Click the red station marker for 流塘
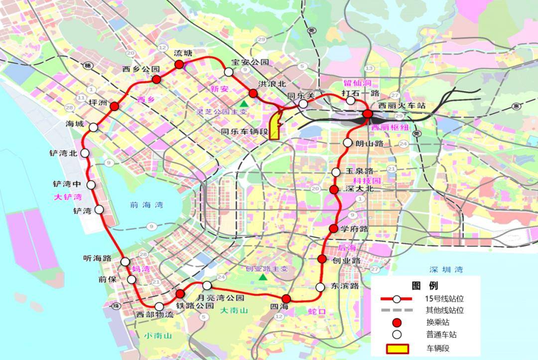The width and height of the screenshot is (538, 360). [x=179, y=64]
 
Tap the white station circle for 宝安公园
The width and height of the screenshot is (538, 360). [x=229, y=72]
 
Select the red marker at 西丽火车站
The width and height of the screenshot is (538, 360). [x=368, y=114]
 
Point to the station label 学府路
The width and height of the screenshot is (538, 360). [x=355, y=229]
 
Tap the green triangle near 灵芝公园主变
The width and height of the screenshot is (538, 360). [x=244, y=103]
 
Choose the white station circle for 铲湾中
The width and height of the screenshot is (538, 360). [x=91, y=185]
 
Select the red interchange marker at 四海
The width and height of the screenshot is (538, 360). [x=286, y=299]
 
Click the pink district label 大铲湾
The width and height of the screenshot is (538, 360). [x=68, y=197]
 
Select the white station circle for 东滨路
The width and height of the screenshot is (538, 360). [x=320, y=287]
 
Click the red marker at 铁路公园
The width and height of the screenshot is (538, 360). [x=180, y=294]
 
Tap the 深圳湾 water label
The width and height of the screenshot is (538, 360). [x=446, y=270]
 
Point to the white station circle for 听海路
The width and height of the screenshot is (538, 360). [x=125, y=261]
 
